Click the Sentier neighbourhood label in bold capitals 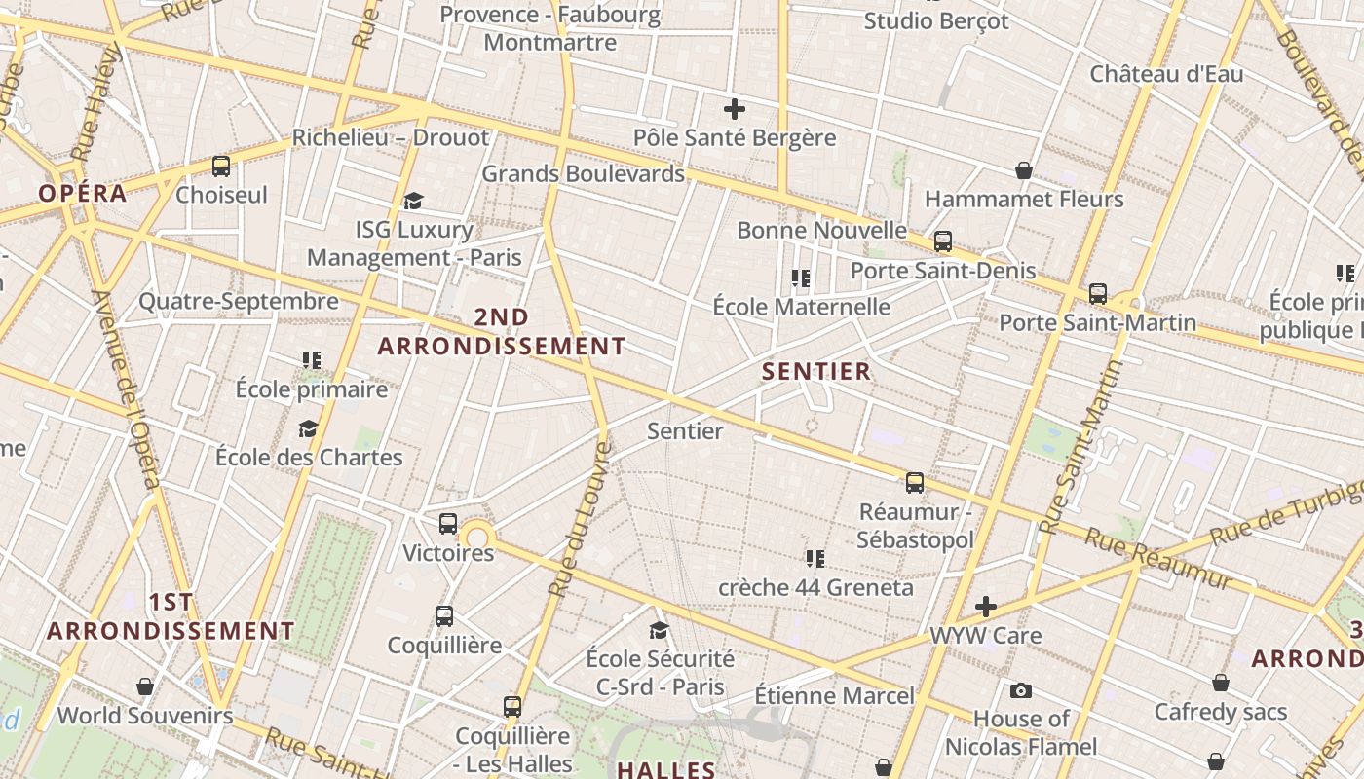coord(816,371)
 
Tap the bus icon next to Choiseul coord(221,167)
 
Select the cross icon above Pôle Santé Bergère coord(735,109)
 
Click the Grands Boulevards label coord(583,174)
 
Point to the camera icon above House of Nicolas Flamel coord(1020,691)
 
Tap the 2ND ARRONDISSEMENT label coord(502,331)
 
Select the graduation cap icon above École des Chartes coord(309,428)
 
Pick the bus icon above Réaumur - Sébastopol coord(915,482)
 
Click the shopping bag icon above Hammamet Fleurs coord(1024,171)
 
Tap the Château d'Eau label coord(1166,74)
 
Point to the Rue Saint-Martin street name coord(1081,447)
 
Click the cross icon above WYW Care coord(986,608)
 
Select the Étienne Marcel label coord(835,695)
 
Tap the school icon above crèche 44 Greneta coord(815,559)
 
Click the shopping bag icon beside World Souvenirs coord(145,687)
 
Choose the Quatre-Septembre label coord(239,301)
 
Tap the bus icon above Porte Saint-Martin coord(1098,293)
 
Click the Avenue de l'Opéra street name coord(127,389)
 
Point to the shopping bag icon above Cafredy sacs coord(1221,684)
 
